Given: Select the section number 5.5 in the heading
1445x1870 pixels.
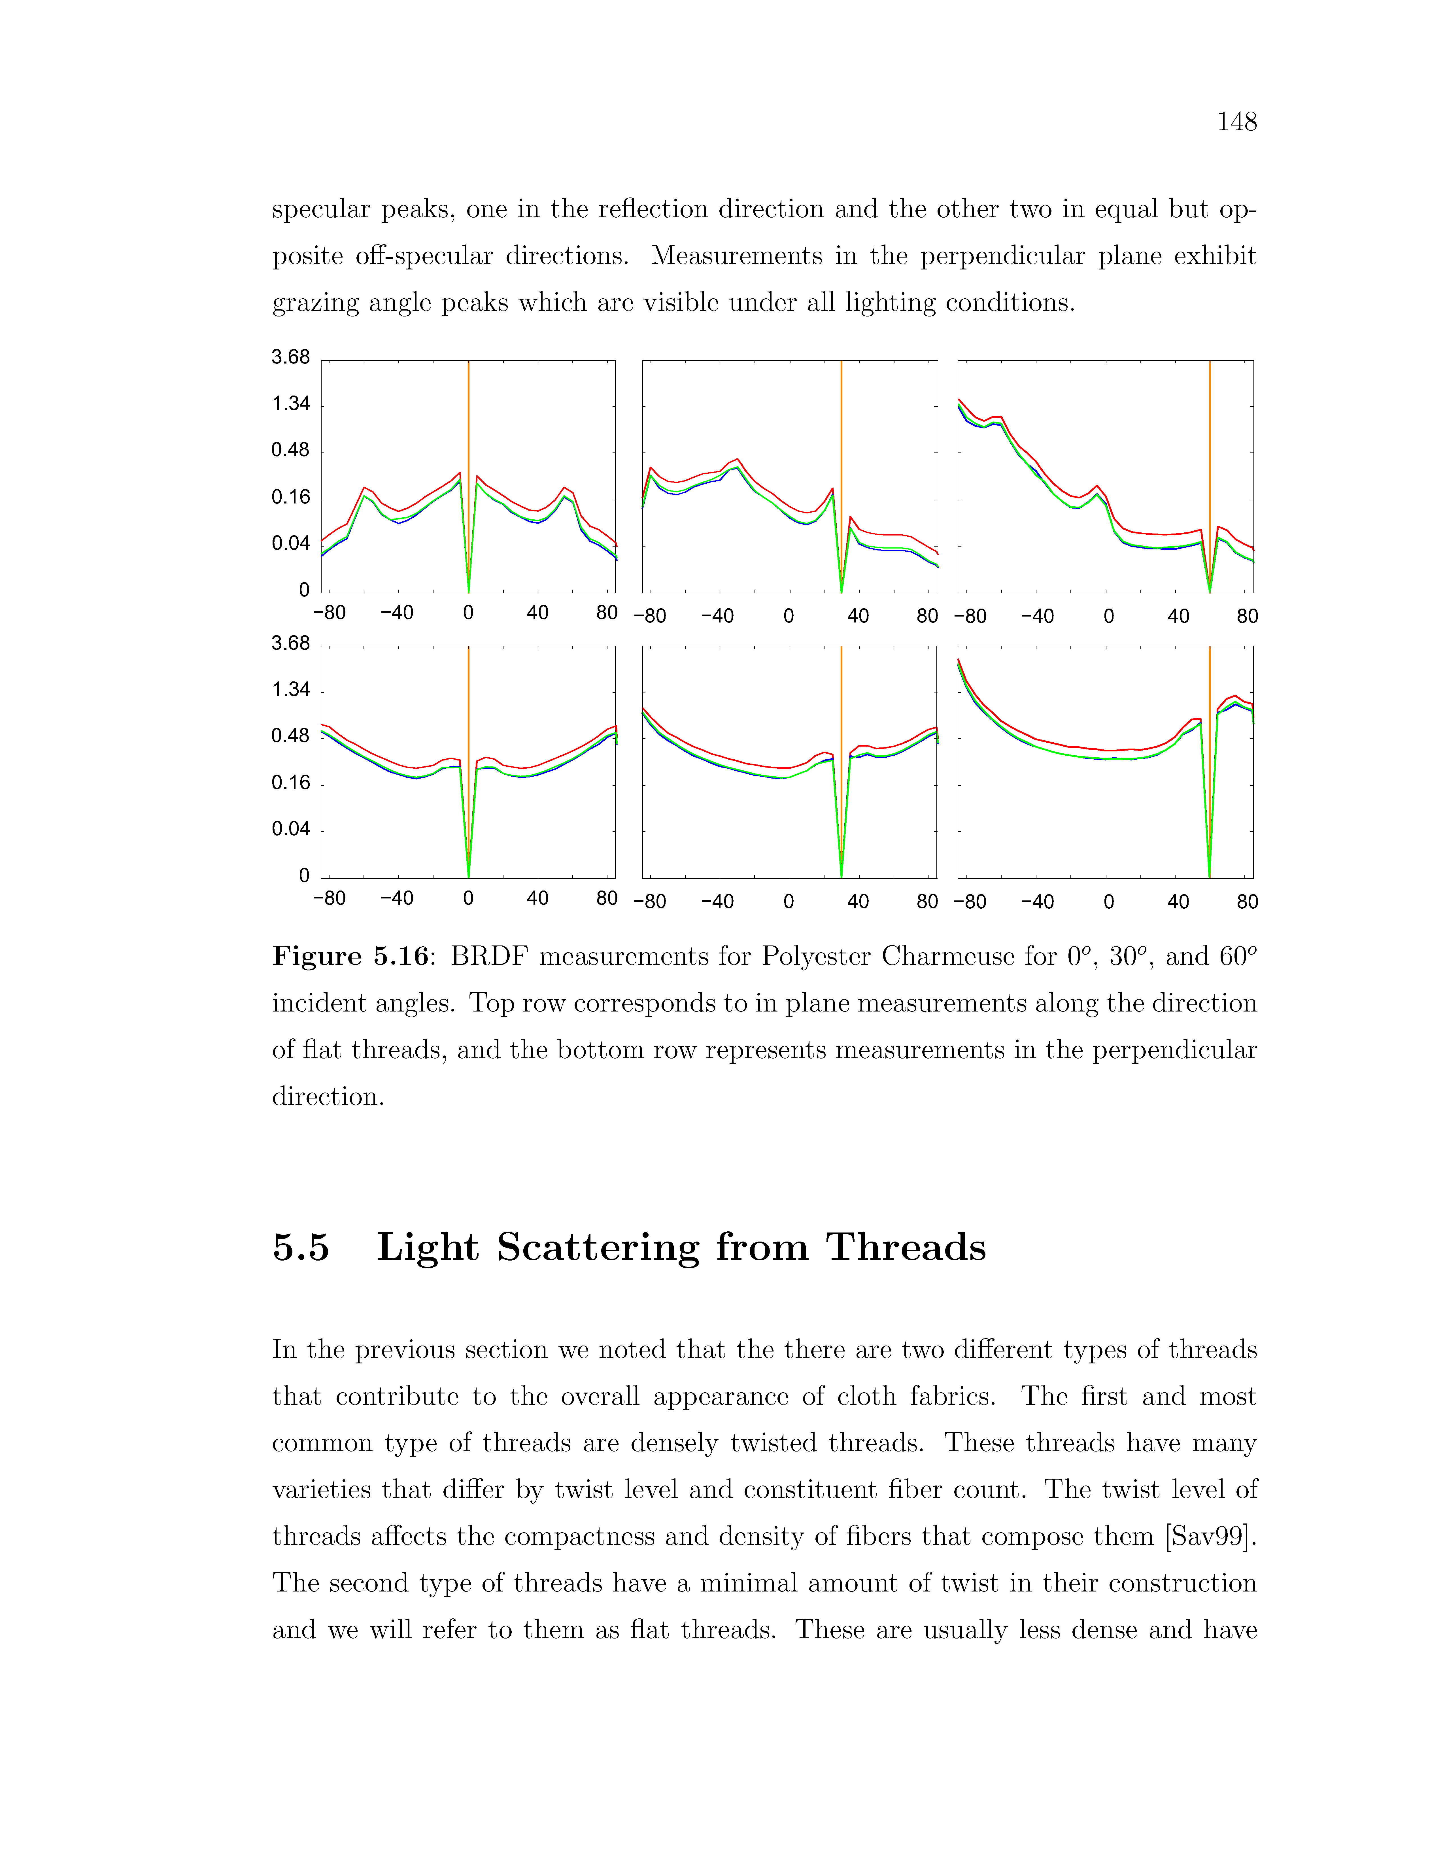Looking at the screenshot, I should coord(300,1248).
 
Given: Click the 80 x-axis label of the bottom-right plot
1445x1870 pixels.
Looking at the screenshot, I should coord(1247,902).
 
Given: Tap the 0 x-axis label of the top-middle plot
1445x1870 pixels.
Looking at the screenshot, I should coord(789,617).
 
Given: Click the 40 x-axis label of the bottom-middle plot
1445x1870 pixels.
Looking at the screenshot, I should coord(858,902).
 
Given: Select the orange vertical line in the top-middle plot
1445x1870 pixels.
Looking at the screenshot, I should coord(841,428).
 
